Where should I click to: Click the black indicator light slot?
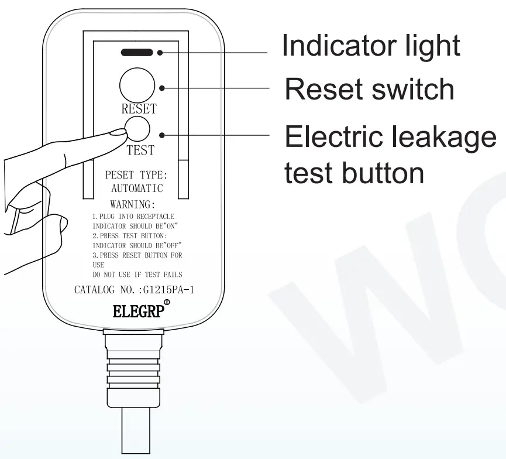137,52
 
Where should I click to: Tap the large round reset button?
137,85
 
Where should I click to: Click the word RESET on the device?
139,109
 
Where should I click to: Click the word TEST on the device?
140,150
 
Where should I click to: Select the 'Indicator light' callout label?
370,46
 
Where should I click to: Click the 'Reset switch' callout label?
369,89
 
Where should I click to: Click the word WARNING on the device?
133,204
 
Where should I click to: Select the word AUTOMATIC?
137,189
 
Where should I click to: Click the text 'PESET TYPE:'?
136,175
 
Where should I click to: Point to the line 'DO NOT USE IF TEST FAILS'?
137,275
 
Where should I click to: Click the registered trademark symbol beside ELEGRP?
167,303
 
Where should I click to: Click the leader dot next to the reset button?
162,88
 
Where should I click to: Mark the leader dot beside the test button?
162,135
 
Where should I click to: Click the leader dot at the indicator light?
160,53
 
